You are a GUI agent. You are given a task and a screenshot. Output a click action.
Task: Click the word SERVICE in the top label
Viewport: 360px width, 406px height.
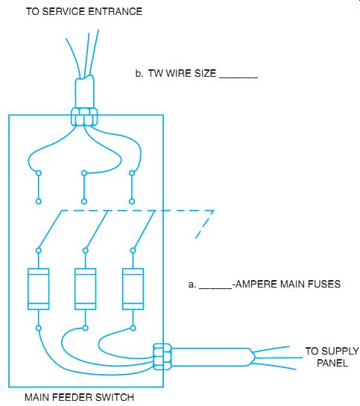63,11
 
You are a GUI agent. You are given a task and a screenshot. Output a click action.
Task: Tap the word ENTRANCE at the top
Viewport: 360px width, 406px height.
115,11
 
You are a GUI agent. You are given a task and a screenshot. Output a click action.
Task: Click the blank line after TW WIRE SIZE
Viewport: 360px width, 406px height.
239,77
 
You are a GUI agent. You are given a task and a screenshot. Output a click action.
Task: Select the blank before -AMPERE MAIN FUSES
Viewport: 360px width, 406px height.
215,288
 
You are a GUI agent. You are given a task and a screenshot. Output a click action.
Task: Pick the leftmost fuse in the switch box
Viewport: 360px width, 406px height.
38,289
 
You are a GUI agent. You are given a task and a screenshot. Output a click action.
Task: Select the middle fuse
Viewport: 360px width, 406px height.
85,289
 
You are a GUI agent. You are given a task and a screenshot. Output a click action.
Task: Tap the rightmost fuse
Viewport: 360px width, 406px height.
133,289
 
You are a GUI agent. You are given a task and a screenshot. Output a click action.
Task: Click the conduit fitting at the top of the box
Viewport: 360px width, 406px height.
84,117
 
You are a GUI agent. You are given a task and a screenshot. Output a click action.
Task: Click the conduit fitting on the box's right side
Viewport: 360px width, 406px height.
162,357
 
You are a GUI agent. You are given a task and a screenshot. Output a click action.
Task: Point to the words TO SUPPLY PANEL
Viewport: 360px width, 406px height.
332,357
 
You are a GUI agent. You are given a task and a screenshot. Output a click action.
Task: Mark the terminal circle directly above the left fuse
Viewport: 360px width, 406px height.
38,250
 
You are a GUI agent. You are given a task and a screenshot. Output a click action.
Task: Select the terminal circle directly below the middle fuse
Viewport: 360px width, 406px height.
85,328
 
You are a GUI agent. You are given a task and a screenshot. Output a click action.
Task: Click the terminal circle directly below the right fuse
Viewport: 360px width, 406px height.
133,328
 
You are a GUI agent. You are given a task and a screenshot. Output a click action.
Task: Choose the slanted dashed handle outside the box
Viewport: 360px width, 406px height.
204,225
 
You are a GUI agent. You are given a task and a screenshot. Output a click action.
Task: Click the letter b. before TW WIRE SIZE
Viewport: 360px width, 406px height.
139,74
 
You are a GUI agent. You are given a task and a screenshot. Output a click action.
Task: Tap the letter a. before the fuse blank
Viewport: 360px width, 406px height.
192,285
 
